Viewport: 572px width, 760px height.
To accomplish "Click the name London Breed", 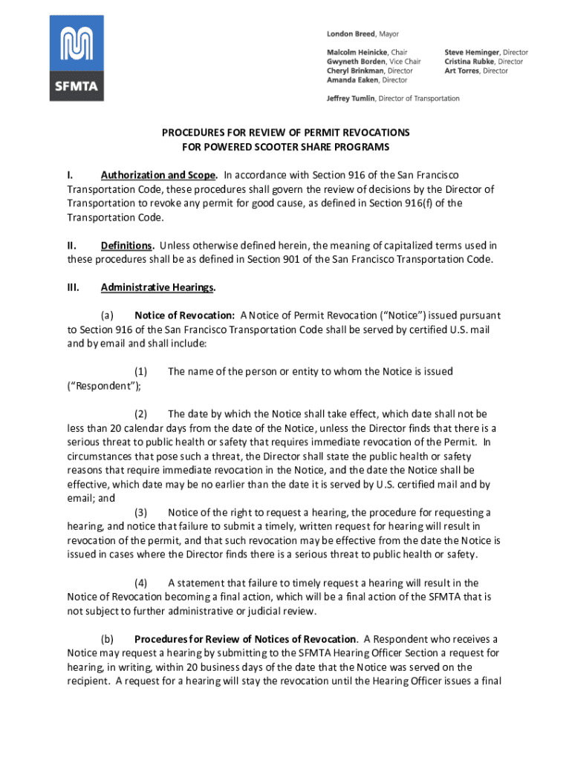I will [351, 34].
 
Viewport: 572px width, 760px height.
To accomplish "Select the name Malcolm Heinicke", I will [357, 53].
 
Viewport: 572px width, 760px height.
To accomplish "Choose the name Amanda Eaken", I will [352, 79].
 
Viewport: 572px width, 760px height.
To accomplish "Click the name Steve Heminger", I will [472, 53].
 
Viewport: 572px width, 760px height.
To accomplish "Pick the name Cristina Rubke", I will [471, 62].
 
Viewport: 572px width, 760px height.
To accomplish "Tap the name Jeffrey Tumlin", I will [351, 98].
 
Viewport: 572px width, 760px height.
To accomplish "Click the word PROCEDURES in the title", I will [192, 132].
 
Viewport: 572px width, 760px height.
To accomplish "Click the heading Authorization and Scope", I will [158, 175].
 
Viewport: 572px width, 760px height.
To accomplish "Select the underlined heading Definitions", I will [127, 245].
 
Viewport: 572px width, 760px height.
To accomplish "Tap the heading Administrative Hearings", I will [158, 287].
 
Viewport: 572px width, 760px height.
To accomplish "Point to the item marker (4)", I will [140, 583].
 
